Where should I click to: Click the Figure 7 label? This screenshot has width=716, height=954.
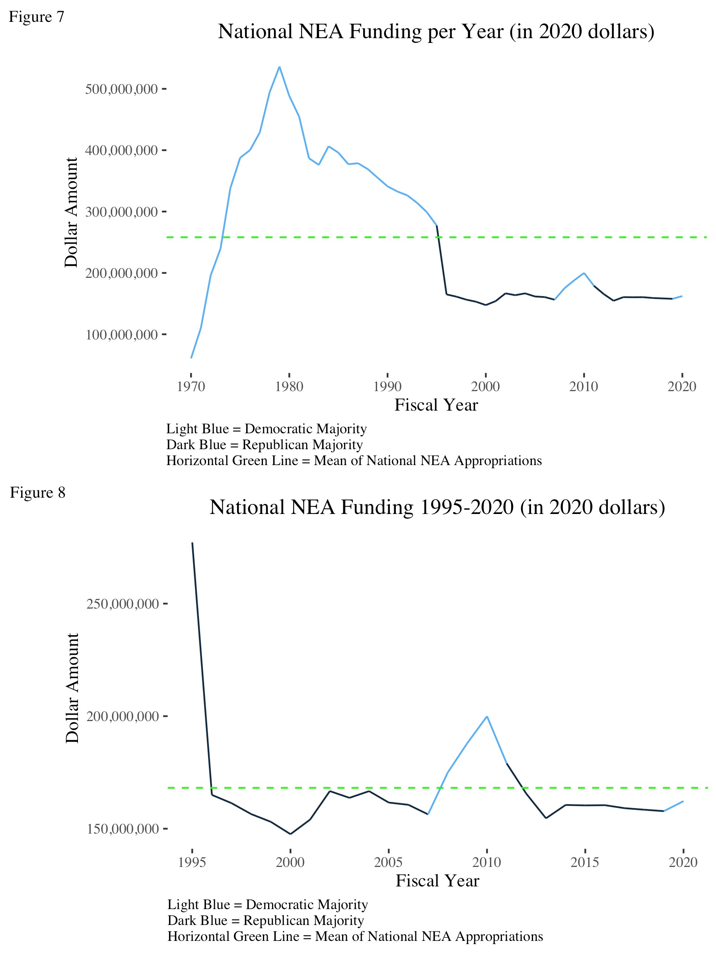pyautogui.click(x=36, y=17)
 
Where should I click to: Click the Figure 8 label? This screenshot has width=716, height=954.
pyautogui.click(x=37, y=492)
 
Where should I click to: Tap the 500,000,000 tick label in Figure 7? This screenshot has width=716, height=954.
pyautogui.click(x=121, y=89)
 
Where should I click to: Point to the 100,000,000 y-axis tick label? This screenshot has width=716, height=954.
pyautogui.click(x=121, y=335)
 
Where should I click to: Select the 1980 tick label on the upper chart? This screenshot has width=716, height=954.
pyautogui.click(x=289, y=386)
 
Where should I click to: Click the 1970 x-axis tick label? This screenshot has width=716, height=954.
pyautogui.click(x=191, y=386)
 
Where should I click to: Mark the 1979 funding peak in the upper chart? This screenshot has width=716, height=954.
pyautogui.click(x=279, y=67)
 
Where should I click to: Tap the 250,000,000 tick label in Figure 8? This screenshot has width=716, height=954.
pyautogui.click(x=123, y=604)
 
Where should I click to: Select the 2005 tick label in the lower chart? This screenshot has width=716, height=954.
pyautogui.click(x=388, y=862)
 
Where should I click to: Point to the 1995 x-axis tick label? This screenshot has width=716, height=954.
pyautogui.click(x=192, y=862)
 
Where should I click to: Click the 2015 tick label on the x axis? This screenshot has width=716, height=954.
pyautogui.click(x=585, y=862)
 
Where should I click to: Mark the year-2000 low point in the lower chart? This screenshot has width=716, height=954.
pyautogui.click(x=290, y=834)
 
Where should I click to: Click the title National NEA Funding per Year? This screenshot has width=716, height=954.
pyautogui.click(x=436, y=31)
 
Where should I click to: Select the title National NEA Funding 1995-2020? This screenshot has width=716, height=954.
pyautogui.click(x=437, y=507)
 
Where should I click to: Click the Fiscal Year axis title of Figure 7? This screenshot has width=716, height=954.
pyautogui.click(x=436, y=405)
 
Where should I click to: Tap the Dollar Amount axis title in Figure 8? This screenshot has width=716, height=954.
pyautogui.click(x=72, y=688)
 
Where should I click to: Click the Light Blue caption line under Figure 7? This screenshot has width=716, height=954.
pyautogui.click(x=266, y=429)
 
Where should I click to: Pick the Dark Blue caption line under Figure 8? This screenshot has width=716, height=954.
pyautogui.click(x=265, y=920)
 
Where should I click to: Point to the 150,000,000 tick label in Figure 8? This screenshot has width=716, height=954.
pyautogui.click(x=123, y=828)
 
